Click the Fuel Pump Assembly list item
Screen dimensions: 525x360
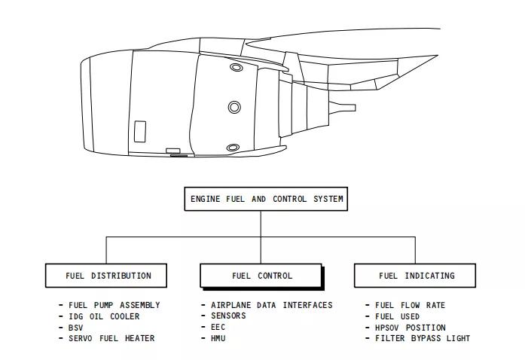[x=114, y=305]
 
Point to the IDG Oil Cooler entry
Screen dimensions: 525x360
[x=104, y=316]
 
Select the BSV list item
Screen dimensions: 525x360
[x=75, y=328]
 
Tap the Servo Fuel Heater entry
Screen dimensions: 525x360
[x=111, y=338]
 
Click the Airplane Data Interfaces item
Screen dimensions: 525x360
[x=272, y=305]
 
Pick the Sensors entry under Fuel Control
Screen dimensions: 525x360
[x=228, y=316]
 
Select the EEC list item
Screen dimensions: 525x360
[x=218, y=327]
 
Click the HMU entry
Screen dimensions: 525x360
[x=218, y=338]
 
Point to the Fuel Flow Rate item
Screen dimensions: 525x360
[x=410, y=305]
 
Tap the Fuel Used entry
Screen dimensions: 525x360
[x=397, y=316]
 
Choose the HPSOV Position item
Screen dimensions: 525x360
[x=411, y=328]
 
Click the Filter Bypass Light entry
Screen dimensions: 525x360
[x=423, y=338]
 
